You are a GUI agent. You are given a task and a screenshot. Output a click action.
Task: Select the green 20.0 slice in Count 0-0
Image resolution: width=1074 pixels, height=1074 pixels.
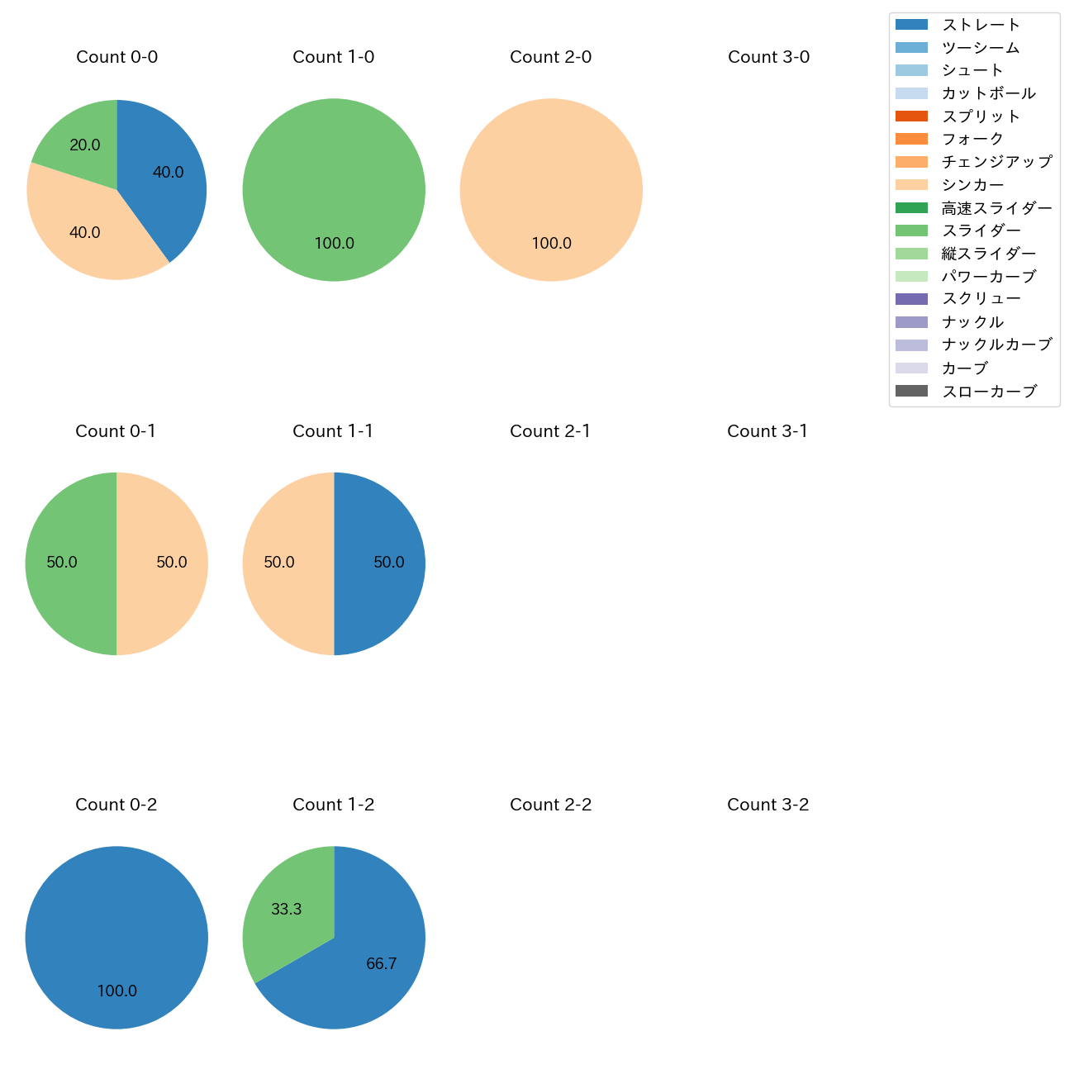tap(83, 140)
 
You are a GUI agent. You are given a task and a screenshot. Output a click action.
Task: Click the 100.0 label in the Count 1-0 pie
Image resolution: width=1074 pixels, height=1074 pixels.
tap(334, 243)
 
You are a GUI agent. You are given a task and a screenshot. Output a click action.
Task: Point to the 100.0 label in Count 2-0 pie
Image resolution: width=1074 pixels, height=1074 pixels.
tap(551, 243)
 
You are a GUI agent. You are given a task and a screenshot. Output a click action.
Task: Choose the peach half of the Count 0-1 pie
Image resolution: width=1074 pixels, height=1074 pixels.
tap(165, 563)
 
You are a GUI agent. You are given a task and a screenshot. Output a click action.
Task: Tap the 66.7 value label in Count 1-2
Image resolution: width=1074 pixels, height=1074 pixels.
tap(381, 963)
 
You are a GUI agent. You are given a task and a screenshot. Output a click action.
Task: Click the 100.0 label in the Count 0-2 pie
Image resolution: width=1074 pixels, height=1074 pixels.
tap(116, 991)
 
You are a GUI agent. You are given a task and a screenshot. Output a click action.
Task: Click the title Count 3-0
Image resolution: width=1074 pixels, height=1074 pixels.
tap(768, 57)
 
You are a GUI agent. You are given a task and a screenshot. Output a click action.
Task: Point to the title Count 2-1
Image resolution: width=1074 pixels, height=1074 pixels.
tap(550, 431)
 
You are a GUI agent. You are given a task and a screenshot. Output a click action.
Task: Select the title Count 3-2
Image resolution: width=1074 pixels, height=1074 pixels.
tap(767, 805)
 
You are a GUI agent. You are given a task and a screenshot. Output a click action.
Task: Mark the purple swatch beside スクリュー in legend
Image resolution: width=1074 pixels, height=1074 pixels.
tap(911, 299)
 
